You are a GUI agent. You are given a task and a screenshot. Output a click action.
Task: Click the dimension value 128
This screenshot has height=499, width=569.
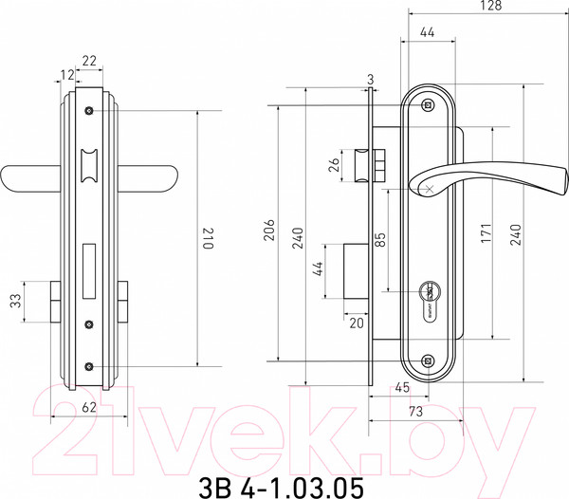click(491, 6)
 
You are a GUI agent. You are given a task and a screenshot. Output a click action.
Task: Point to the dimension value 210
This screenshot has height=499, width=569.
click(207, 238)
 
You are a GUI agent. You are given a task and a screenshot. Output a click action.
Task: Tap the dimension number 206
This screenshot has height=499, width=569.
click(269, 230)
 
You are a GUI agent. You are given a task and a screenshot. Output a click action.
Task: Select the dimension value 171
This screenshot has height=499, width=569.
click(486, 233)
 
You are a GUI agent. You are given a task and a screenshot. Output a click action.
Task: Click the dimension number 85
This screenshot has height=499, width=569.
click(380, 239)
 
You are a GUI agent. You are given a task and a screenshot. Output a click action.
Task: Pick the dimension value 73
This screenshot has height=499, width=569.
click(416, 411)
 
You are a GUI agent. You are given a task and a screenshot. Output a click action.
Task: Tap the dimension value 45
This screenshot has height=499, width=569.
click(402, 388)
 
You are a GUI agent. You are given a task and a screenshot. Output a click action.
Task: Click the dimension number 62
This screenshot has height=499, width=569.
click(89, 407)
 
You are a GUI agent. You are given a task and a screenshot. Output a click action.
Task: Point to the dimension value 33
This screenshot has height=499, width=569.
click(15, 301)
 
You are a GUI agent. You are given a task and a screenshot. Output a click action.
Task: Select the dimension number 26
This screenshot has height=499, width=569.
click(336, 165)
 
